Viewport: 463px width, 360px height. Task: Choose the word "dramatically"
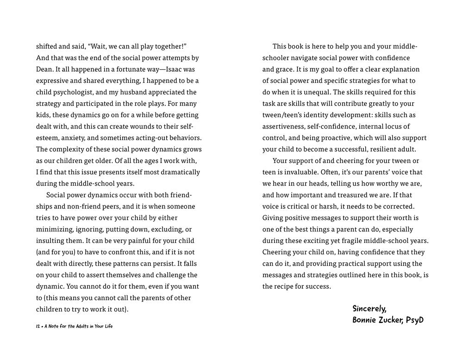178,172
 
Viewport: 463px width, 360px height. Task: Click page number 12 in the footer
38,326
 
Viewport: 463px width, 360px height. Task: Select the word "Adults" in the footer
78,326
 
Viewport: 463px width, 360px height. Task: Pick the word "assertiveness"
284,126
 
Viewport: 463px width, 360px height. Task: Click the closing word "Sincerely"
369,309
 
